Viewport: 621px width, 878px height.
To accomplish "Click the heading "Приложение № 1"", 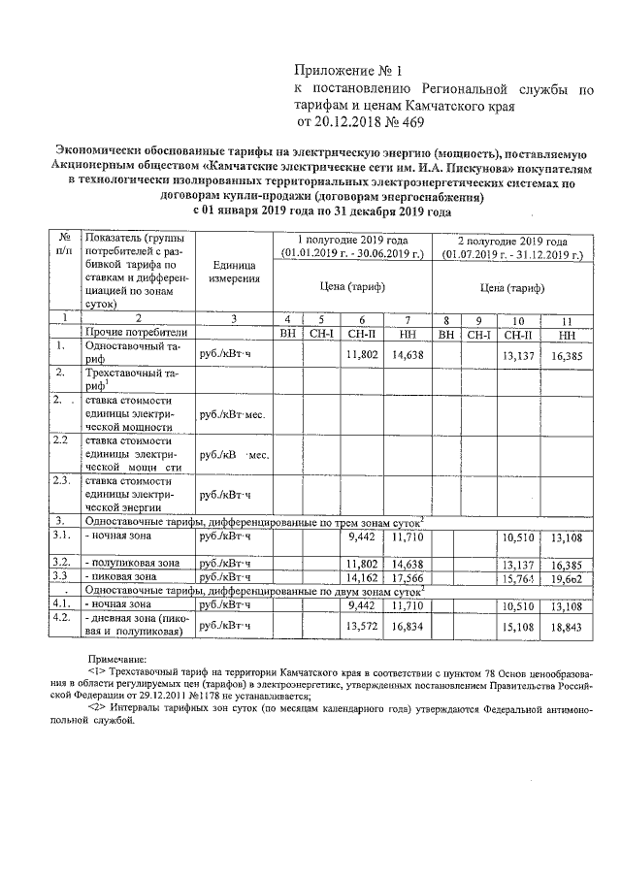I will pos(347,70).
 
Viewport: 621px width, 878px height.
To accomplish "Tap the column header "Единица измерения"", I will pos(233,272).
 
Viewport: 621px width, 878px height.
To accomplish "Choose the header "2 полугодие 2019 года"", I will pos(512,241).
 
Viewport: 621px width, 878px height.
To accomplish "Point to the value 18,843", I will pos(564,626).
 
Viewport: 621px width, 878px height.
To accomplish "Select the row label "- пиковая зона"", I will pos(121,576).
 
